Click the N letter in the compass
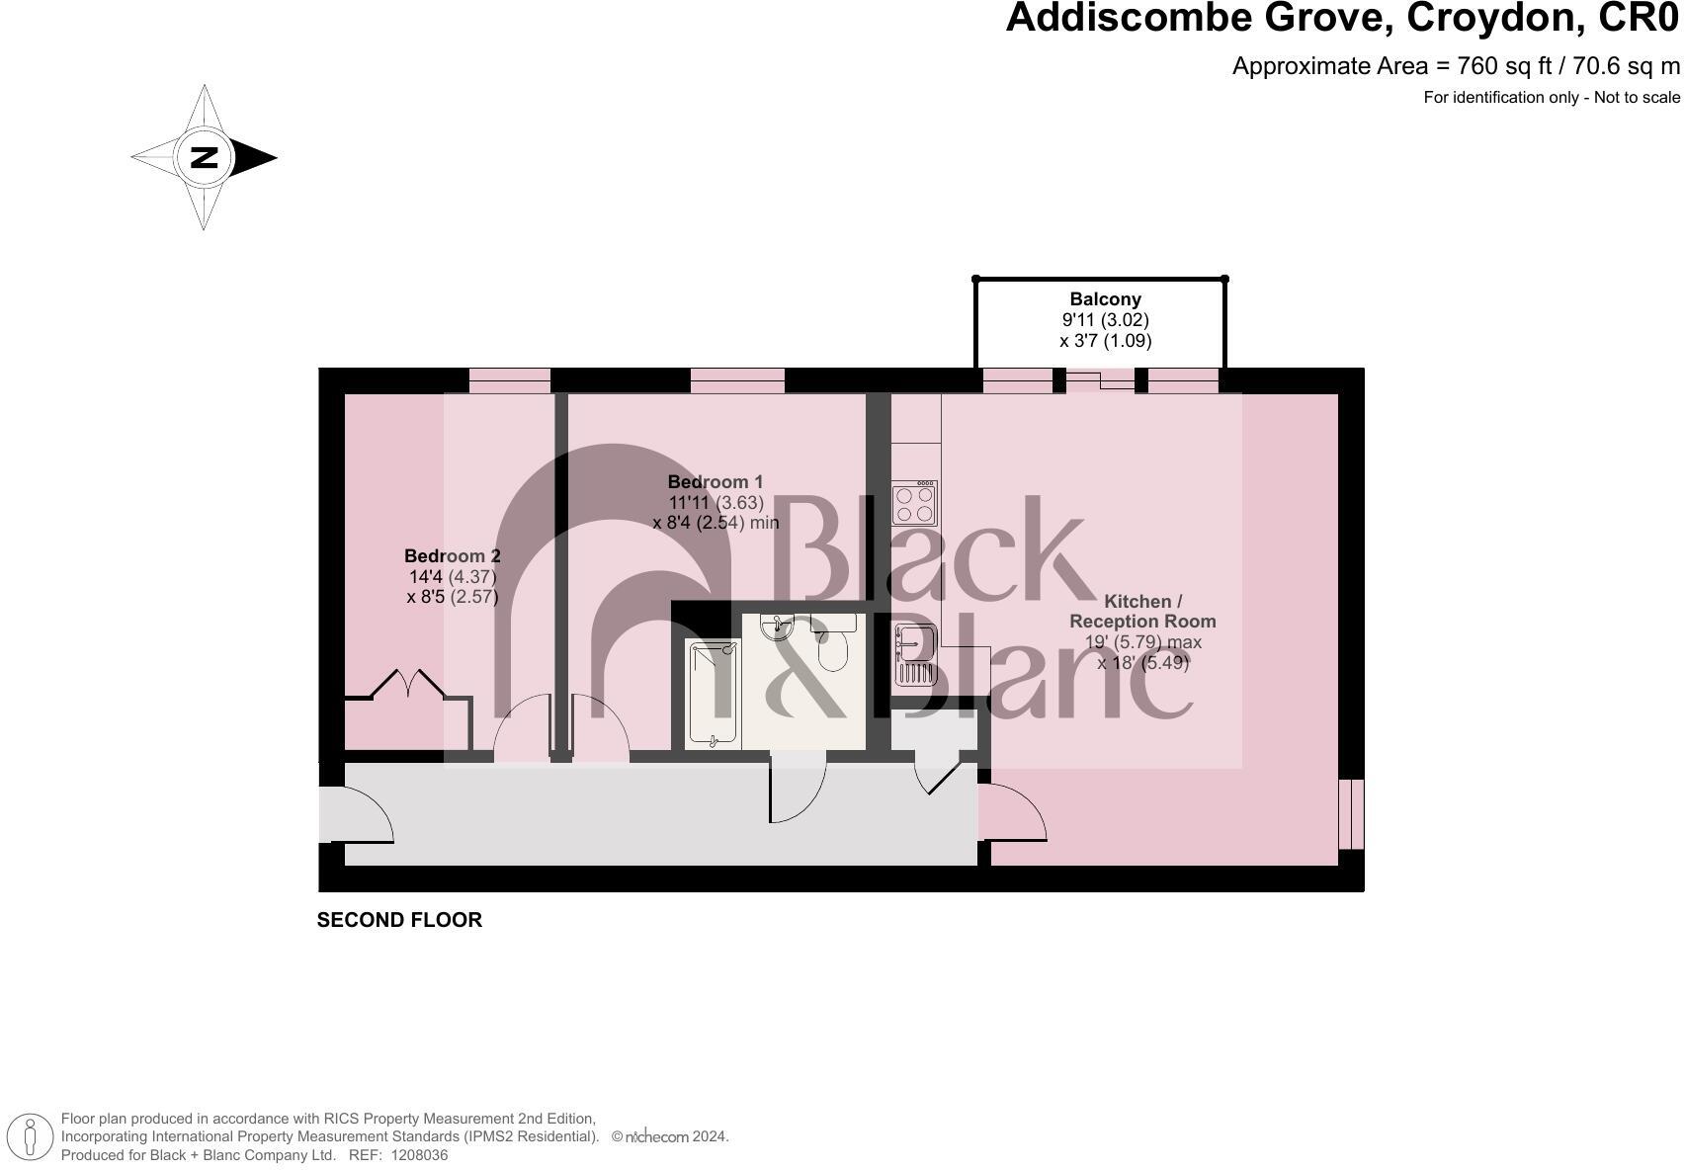pos(205,158)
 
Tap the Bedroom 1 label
pos(715,482)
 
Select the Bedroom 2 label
pos(452,556)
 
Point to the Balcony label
pos(1105,299)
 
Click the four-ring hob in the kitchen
pos(915,503)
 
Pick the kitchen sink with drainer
pos(915,654)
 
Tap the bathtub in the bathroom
pos(713,694)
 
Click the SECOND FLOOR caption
pos(399,920)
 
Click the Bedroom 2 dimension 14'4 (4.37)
pos(453,577)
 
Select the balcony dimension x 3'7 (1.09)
pos(1105,341)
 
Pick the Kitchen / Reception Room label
pos(1142,612)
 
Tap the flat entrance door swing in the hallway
pos(357,815)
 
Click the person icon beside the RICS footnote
pos(30,1136)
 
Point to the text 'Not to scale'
pos(1637,97)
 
